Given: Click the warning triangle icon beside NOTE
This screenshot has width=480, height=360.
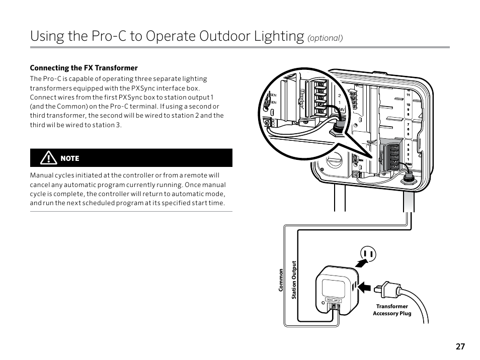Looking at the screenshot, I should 48,158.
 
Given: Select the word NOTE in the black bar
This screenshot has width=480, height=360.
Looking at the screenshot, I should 70,158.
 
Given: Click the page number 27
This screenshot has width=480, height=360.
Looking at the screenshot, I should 460,346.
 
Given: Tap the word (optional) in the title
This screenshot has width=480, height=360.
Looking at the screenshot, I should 325,38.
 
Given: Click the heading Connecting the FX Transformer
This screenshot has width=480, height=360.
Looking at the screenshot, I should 84,68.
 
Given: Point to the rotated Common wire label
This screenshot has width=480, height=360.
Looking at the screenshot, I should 282,280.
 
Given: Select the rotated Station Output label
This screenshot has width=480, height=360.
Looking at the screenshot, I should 294,280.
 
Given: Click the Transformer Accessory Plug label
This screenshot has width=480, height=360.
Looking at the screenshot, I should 392,310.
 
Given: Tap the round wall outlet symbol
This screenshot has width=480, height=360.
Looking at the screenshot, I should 368,255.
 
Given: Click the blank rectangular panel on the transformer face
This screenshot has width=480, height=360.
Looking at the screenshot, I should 333,288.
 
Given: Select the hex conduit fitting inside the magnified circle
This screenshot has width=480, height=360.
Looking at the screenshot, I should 337,132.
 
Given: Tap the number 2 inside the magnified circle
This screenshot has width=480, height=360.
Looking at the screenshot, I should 339,95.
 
